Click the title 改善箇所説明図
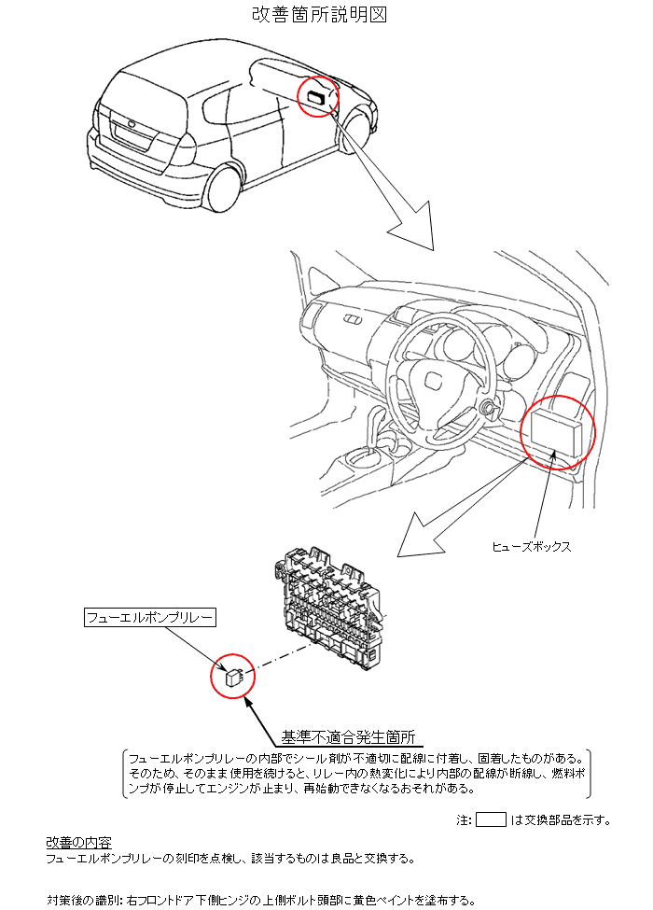tap(319, 14)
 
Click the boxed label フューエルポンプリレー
tap(149, 618)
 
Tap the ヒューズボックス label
tap(531, 547)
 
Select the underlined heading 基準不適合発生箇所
tap(349, 737)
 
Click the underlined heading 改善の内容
tap(79, 842)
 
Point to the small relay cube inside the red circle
tap(234, 677)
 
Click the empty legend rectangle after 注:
tap(491, 819)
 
